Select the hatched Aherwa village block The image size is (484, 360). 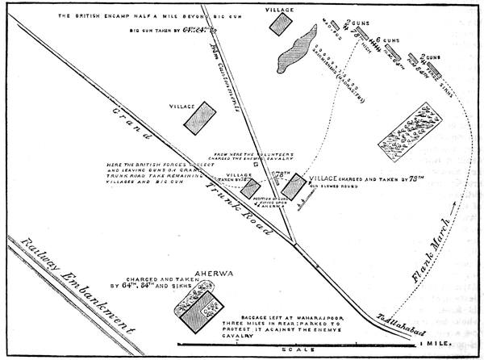pos(198,312)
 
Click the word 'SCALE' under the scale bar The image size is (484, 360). pos(311,351)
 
